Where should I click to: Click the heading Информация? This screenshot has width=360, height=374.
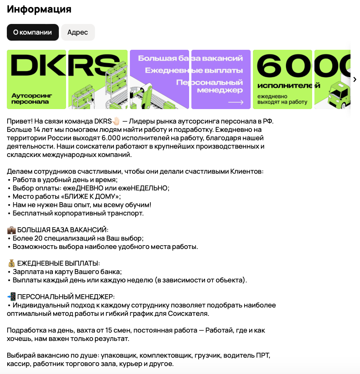[39, 9]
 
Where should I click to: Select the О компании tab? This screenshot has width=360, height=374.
[33, 32]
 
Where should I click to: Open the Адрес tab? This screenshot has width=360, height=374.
[78, 32]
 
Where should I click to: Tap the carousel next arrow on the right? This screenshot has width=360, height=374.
[355, 79]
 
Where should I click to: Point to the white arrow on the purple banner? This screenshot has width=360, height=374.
[235, 102]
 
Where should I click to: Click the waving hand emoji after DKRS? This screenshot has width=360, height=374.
[116, 121]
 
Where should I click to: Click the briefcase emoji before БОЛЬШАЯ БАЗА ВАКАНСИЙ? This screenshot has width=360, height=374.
[11, 230]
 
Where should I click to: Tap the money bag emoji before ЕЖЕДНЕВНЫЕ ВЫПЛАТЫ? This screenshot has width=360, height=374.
[11, 263]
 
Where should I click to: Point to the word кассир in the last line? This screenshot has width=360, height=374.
[18, 364]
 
